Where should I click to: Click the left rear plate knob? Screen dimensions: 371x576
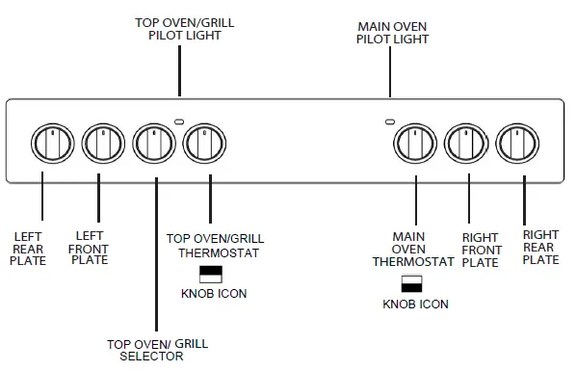(46, 144)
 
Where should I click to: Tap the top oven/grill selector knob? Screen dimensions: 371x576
(151, 144)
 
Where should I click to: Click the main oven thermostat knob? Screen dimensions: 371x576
(414, 144)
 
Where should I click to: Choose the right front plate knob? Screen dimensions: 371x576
(468, 144)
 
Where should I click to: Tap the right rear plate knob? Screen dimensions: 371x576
(520, 144)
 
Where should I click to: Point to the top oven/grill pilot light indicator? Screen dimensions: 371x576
(178, 120)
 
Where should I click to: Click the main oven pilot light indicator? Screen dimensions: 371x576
(389, 121)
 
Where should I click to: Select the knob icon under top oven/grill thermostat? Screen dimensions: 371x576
(211, 274)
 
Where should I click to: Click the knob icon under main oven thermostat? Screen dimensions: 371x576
(412, 283)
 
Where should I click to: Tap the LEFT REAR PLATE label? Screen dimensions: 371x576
(30, 248)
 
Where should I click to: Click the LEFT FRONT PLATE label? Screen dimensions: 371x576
(90, 248)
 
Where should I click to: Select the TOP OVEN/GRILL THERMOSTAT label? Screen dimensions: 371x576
(215, 245)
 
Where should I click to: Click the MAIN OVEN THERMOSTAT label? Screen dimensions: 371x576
(414, 249)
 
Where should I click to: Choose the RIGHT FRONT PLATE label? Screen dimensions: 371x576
(480, 250)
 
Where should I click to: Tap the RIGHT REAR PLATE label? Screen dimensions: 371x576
(539, 247)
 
